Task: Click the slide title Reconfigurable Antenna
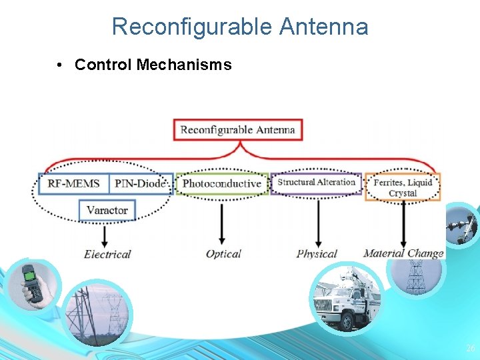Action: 240,27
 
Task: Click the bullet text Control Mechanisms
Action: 153,65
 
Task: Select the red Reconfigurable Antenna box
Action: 238,129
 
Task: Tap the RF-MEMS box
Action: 73,183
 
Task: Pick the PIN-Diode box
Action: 140,183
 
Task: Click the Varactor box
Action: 107,210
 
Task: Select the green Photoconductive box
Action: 222,183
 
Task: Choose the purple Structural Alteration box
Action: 317,183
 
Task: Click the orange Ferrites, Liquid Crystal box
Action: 403,187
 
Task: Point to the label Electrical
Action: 107,254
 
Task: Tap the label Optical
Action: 223,254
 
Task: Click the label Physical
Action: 317,254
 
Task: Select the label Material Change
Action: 403,253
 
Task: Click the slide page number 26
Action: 470,348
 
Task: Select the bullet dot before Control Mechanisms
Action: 60,65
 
